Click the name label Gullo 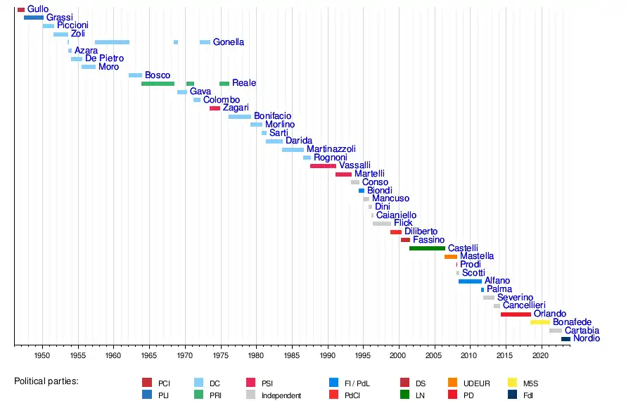pyautogui.click(x=38, y=9)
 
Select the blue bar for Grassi pyautogui.click(x=33, y=18)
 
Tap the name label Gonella pyautogui.click(x=229, y=42)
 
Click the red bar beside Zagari pyautogui.click(x=215, y=108)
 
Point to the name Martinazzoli pyautogui.click(x=331, y=149)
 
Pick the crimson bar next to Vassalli pyautogui.click(x=323, y=166)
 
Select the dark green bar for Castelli pyautogui.click(x=427, y=248)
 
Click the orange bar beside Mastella pyautogui.click(x=451, y=257)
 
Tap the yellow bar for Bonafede pyautogui.click(x=540, y=322)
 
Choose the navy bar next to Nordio pyautogui.click(x=566, y=339)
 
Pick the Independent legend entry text pyautogui.click(x=281, y=396)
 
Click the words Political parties pyautogui.click(x=46, y=381)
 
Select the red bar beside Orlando pyautogui.click(x=516, y=314)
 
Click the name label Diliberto pyautogui.click(x=421, y=231)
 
